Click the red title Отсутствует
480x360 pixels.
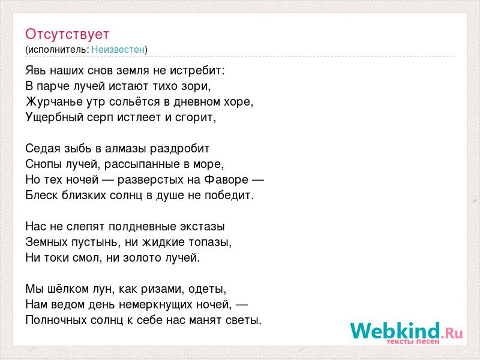pos(67,34)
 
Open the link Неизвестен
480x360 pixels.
pos(118,49)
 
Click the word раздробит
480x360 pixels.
pos(179,149)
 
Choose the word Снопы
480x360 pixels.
pos(44,164)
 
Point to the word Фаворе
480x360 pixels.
pos(226,179)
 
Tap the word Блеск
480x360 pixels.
pos(41,196)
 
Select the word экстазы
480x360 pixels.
pos(202,227)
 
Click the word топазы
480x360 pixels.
pos(209,242)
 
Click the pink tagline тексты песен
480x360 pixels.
pos(413,341)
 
